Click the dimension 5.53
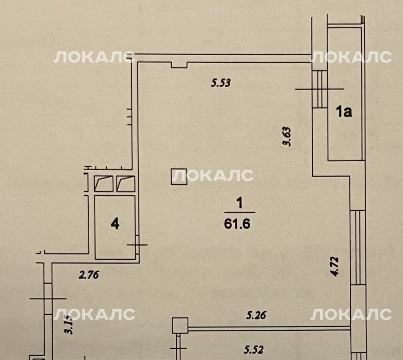(x=221, y=83)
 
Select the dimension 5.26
(x=256, y=315)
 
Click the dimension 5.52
(x=254, y=350)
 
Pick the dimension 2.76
(x=89, y=275)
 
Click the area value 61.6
(x=237, y=224)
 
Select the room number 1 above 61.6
(x=239, y=203)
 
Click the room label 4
(x=115, y=224)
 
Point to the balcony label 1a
(x=344, y=112)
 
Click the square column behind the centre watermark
(x=179, y=177)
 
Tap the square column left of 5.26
(x=180, y=325)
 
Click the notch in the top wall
(x=179, y=65)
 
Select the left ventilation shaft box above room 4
(x=103, y=184)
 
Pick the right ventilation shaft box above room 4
(x=126, y=184)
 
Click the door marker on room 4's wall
(x=137, y=245)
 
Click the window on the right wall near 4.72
(x=358, y=248)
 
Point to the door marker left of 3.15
(x=48, y=299)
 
